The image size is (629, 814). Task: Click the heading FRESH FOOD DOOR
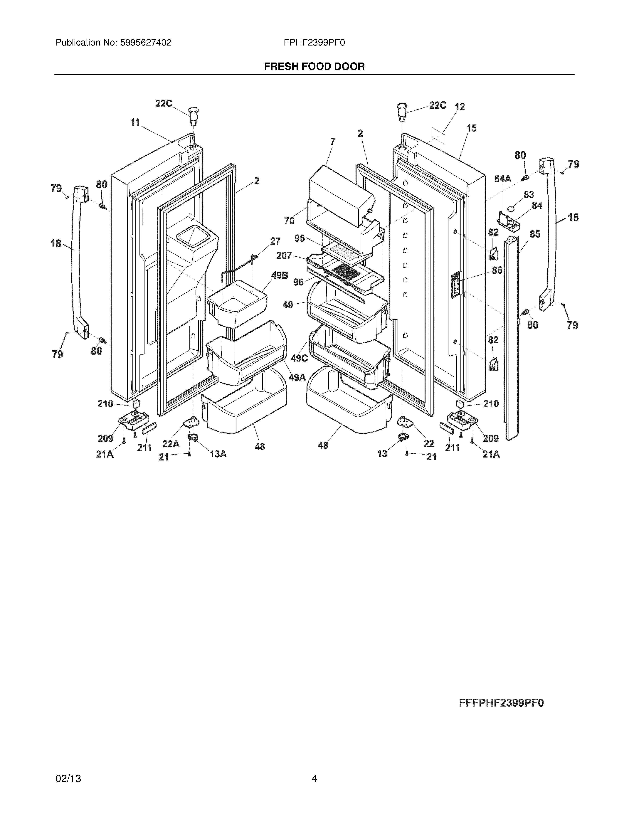[314, 67]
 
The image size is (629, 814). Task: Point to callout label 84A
[503, 179]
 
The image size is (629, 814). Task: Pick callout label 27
[275, 241]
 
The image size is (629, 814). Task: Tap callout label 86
[497, 270]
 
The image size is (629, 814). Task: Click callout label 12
[460, 107]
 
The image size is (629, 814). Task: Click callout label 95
[300, 238]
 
